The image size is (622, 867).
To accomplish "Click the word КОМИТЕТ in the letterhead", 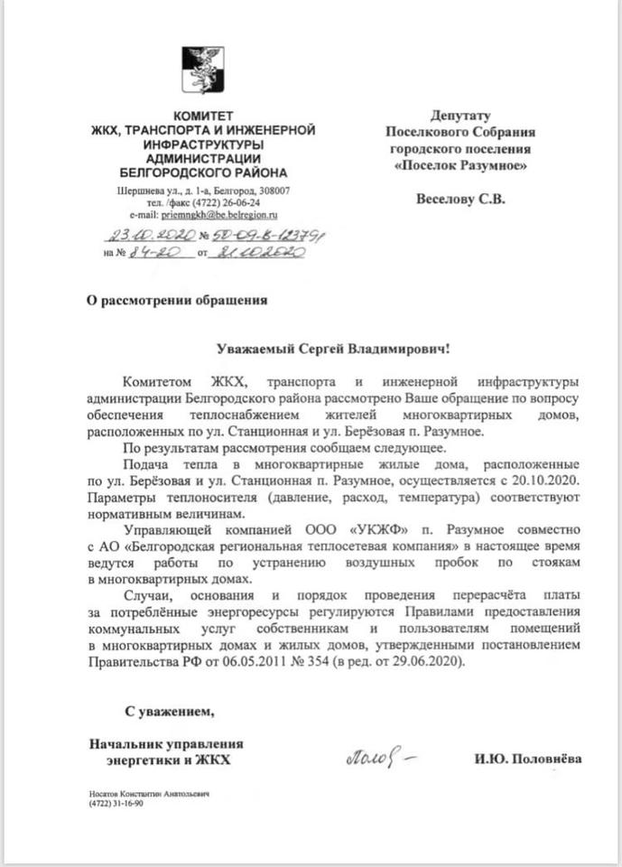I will point(203,117).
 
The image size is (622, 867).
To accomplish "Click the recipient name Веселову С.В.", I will point(460,199).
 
